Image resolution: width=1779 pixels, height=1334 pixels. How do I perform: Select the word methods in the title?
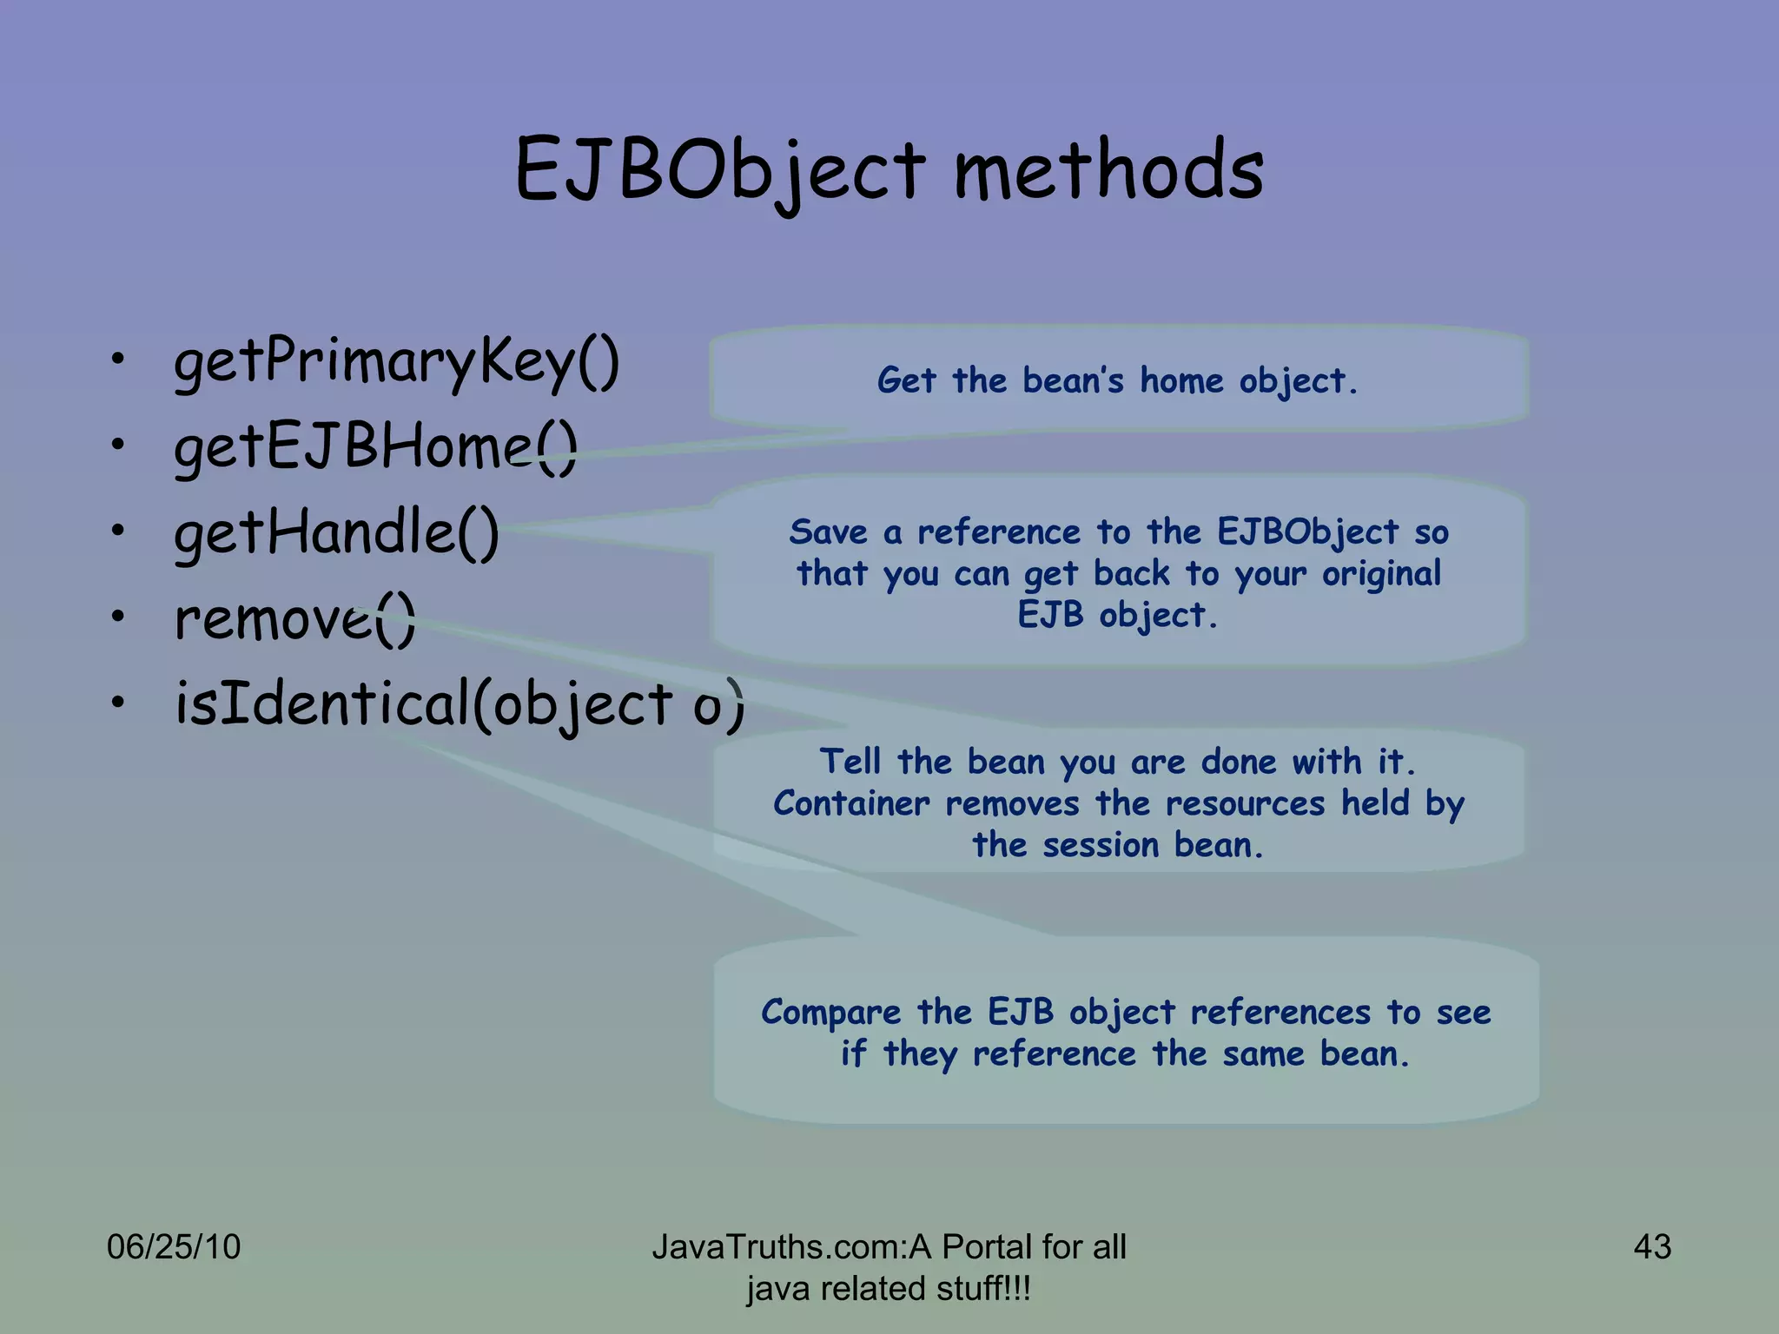[x=1108, y=170]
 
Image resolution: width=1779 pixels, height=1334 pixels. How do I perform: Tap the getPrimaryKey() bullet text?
[x=397, y=361]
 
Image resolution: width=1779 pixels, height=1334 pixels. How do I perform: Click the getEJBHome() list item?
[x=375, y=447]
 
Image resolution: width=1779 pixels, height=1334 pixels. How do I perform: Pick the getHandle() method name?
[x=337, y=532]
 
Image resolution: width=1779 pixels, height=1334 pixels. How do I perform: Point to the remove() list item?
[x=295, y=618]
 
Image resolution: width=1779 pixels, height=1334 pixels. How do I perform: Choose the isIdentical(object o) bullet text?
[x=459, y=703]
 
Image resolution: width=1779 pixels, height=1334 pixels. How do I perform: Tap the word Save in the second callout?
[x=828, y=532]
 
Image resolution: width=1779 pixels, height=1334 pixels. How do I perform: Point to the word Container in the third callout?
[x=851, y=803]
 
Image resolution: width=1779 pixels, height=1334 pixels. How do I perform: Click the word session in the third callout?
[x=1101, y=845]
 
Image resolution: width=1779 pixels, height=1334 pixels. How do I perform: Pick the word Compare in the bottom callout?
[x=830, y=1012]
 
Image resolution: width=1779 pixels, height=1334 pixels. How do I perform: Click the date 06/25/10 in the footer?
[x=174, y=1247]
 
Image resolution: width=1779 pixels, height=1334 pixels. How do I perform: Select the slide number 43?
[x=1652, y=1247]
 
